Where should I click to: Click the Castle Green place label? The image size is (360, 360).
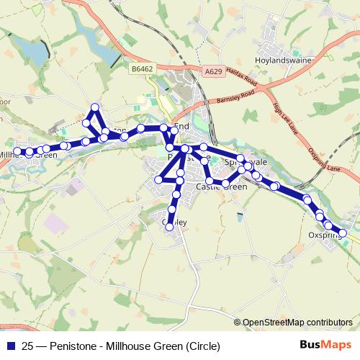point(221,186)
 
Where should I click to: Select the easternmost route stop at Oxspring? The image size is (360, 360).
point(343,233)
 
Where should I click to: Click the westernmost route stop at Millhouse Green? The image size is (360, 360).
point(17,151)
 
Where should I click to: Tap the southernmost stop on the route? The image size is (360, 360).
point(170,226)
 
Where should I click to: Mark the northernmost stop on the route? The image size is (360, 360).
point(94,108)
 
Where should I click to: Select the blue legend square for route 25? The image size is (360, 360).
point(12,345)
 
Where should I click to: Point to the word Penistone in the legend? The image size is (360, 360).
point(76,345)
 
